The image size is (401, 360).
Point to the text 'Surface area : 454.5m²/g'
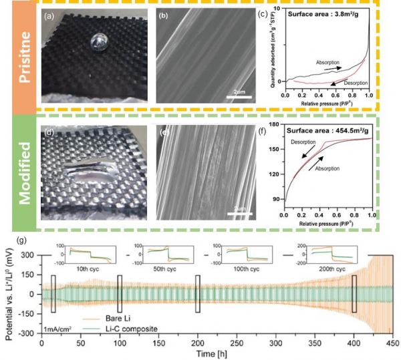point(322,124)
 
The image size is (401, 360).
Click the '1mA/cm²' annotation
point(56,329)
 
